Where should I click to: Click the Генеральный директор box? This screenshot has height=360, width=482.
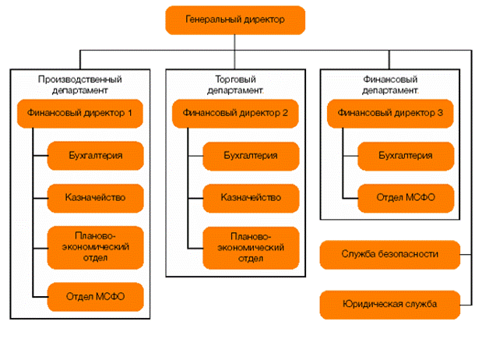[x=234, y=19]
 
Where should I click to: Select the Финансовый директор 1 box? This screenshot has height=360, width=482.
[x=79, y=114]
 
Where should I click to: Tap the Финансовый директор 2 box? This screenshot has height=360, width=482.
[x=235, y=114]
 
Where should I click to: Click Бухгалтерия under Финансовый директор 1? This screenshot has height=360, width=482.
[x=95, y=156]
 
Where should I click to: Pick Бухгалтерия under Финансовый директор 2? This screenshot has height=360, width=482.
[x=251, y=156]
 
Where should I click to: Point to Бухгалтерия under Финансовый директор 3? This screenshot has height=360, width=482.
[x=406, y=156]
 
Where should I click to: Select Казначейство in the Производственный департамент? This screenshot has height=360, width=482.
[x=95, y=197]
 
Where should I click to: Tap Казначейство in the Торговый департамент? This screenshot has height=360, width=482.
[x=251, y=197]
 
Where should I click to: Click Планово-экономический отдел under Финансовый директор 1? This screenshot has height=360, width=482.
[x=95, y=246]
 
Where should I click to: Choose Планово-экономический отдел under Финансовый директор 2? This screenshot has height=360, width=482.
[x=251, y=246]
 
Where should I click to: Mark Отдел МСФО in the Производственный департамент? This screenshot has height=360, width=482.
[x=95, y=296]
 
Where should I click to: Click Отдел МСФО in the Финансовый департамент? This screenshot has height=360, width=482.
[x=406, y=197]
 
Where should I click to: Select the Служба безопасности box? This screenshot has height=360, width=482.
[x=389, y=254]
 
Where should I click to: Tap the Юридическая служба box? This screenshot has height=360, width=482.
[x=389, y=304]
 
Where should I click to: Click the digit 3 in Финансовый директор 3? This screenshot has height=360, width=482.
[x=440, y=114]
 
